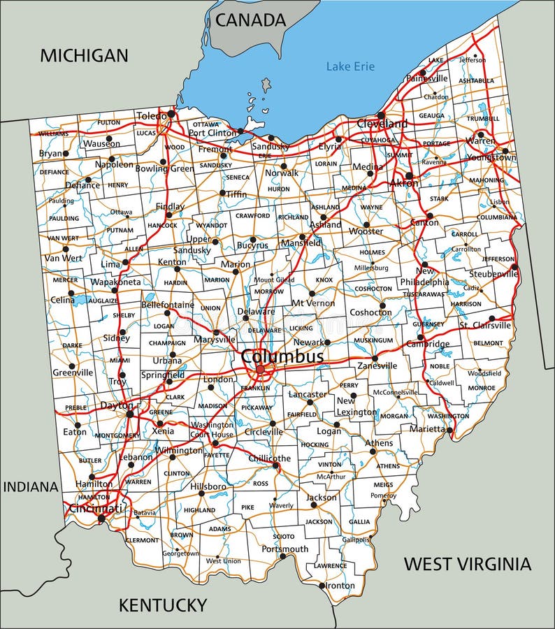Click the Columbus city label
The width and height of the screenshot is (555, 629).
282,356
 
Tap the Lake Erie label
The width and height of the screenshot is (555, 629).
350,66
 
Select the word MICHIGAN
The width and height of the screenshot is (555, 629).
84,56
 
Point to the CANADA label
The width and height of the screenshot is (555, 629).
250,20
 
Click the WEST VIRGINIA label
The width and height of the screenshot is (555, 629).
467,563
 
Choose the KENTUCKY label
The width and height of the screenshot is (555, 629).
162,605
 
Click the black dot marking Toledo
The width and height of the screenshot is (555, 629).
172,113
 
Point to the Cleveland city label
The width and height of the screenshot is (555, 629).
382,124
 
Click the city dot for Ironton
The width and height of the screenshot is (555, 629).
322,586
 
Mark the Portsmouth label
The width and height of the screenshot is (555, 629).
284,549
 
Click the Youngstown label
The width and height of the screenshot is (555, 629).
492,157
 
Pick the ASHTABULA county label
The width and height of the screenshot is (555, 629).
476,80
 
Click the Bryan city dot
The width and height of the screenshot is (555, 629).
66,153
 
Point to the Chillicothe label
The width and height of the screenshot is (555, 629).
269,458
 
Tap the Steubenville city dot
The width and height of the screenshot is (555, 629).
514,266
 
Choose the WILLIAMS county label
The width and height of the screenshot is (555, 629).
54,133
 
